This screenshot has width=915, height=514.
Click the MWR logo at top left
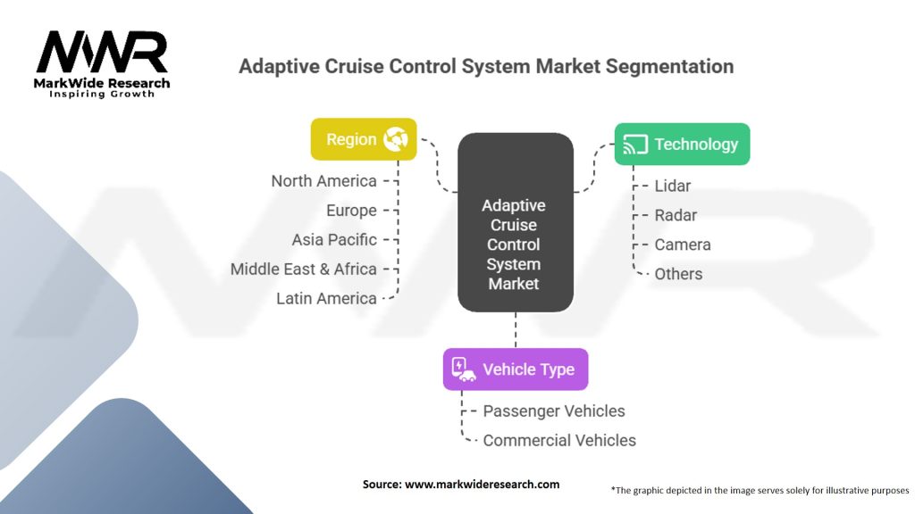tap(102, 64)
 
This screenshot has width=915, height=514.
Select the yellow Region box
tap(364, 139)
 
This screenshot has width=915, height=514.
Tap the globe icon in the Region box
tap(396, 139)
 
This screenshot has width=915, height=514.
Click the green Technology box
tap(682, 144)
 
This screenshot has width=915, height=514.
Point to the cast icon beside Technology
tap(635, 145)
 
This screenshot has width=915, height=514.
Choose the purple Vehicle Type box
tap(516, 369)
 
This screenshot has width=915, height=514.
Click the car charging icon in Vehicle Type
tap(464, 369)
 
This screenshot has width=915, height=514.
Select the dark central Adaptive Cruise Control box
tap(516, 222)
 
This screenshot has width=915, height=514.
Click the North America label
tap(323, 181)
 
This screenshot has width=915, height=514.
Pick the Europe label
tap(351, 211)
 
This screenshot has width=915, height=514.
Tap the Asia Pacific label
tap(334, 239)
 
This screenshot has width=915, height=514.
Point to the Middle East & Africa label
tap(304, 269)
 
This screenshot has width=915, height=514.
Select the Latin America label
tap(326, 298)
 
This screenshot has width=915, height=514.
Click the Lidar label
tap(672, 186)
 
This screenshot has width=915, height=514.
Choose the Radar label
tap(676, 215)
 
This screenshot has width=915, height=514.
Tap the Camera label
tap(682, 245)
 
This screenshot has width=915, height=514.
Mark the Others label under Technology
tap(678, 274)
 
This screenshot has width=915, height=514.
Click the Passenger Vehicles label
tap(554, 410)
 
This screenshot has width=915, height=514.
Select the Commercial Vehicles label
tap(559, 441)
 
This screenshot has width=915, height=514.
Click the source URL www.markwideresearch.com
tap(482, 485)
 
